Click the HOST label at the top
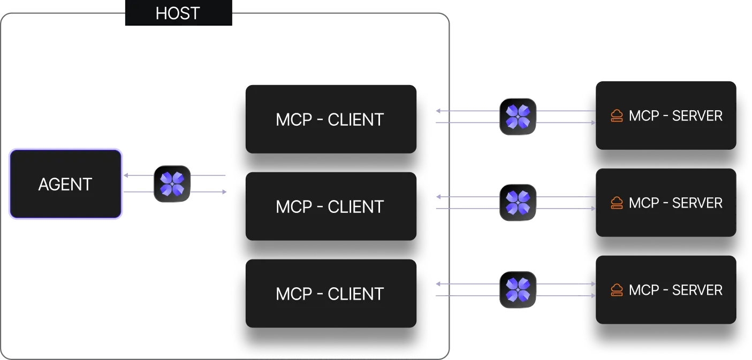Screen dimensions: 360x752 [178, 13]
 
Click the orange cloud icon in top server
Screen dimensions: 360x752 [617, 116]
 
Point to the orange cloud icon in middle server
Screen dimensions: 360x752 [617, 203]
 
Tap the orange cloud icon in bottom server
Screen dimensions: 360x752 [617, 290]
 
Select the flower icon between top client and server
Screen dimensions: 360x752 [518, 117]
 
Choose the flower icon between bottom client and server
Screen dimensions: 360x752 [518, 290]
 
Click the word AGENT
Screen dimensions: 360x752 [65, 185]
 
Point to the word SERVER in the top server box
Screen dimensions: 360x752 [697, 116]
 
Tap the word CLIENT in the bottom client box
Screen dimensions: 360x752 [355, 294]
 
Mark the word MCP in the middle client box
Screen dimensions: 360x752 [293, 207]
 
